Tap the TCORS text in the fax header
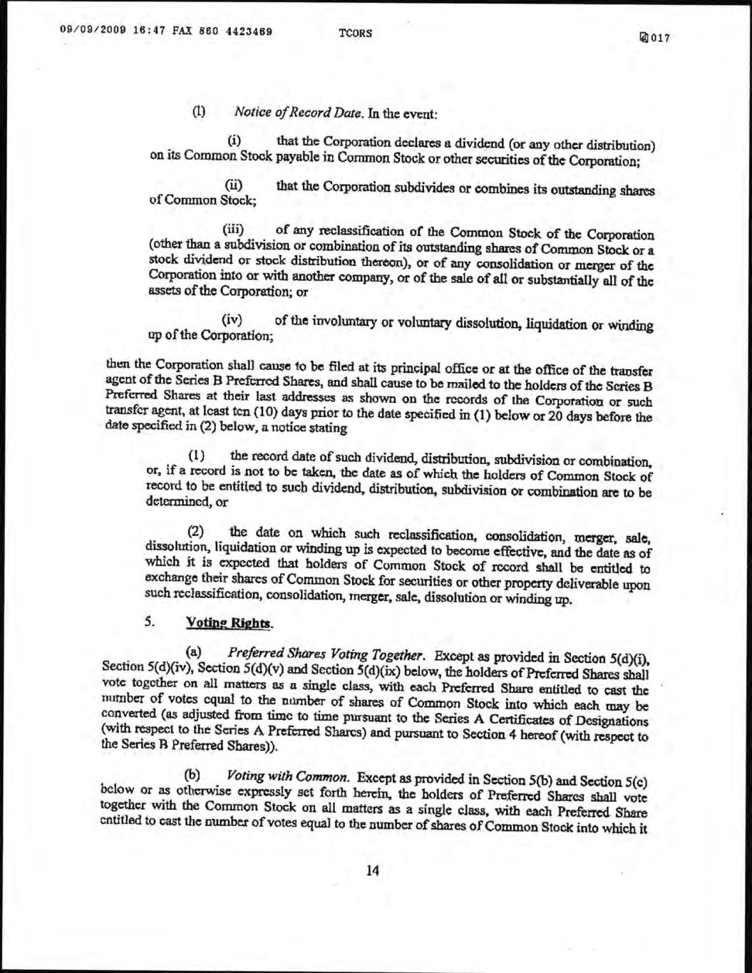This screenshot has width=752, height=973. pos(355,34)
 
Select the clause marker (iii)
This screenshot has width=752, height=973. pos(235,229)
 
